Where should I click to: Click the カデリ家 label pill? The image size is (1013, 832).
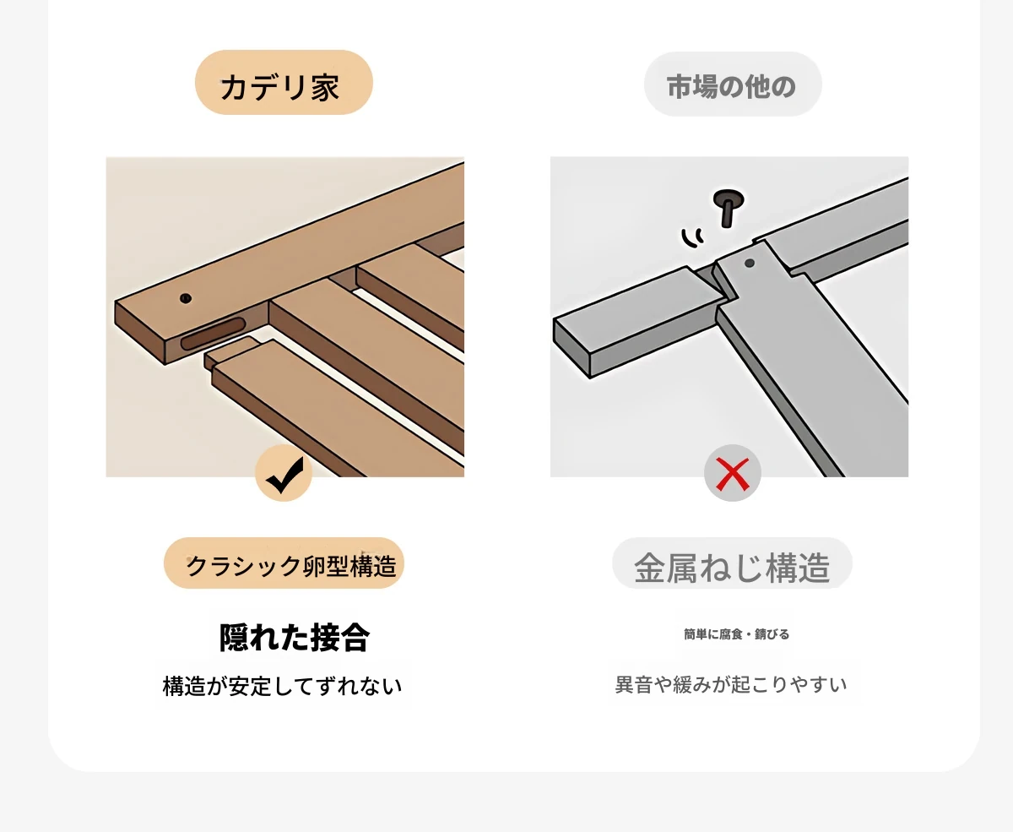tap(284, 82)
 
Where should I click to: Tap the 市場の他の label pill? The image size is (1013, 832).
tap(733, 84)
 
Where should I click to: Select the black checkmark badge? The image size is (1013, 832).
tap(284, 473)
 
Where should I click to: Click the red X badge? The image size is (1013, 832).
tap(733, 473)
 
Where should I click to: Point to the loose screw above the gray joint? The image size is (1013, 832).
tap(729, 207)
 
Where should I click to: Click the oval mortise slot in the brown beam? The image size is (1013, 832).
tap(213, 334)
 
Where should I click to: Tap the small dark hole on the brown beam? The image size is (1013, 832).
tap(186, 298)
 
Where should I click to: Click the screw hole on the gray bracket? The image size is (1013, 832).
tap(750, 263)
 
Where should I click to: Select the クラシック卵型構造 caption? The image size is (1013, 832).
tap(291, 566)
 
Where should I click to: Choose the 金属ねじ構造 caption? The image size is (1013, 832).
tap(732, 568)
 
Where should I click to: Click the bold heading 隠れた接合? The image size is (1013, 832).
tap(295, 638)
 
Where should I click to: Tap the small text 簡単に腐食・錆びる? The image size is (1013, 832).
tap(736, 634)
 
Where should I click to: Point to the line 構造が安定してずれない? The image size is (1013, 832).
tap(283, 686)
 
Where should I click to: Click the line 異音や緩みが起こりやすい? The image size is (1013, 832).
tap(731, 684)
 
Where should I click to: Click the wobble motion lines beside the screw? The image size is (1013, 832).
tap(692, 238)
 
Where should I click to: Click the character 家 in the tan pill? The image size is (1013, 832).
tap(325, 88)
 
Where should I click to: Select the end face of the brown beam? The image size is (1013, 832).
tap(140, 333)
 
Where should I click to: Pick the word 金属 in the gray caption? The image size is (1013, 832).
tap(666, 568)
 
